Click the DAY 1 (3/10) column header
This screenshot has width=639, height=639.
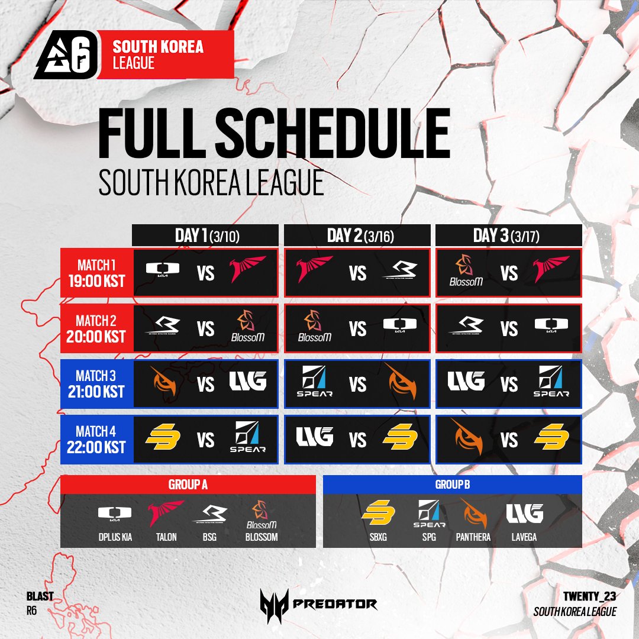(x=205, y=235)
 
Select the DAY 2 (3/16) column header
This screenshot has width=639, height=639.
(x=357, y=235)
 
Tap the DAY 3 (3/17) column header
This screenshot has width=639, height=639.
(x=509, y=235)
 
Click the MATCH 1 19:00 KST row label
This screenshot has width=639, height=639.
(x=96, y=273)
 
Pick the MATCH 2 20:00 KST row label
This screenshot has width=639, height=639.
(x=96, y=328)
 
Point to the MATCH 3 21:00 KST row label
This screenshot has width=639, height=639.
(x=96, y=384)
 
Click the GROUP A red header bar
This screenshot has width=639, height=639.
(x=188, y=485)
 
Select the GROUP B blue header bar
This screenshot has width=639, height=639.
(x=453, y=485)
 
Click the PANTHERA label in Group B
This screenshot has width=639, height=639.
(x=473, y=537)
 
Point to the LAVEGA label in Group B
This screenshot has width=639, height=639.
(x=524, y=537)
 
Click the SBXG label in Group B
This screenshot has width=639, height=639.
(x=377, y=537)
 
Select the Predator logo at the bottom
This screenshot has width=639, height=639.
(x=318, y=604)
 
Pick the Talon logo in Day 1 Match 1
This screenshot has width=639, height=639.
(x=249, y=270)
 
